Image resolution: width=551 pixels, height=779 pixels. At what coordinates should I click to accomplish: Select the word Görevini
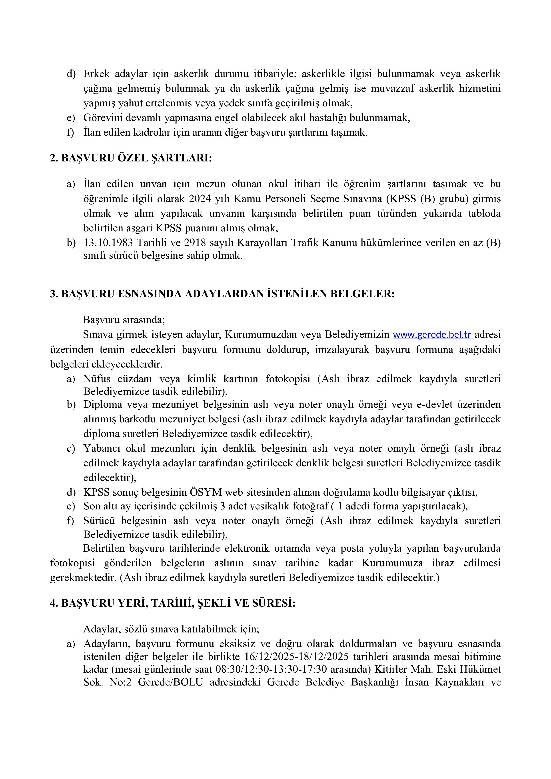104,118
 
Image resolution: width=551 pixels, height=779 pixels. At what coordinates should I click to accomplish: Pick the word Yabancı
101,449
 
